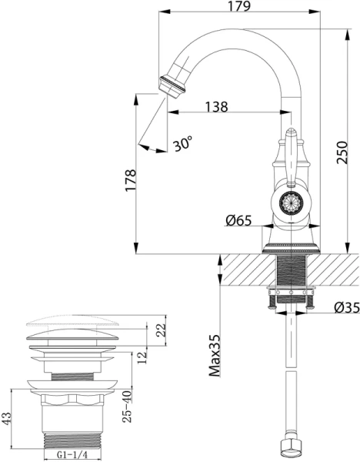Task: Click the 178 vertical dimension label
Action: tap(132, 180)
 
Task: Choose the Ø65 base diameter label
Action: tap(239, 221)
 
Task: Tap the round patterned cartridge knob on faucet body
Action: tap(291, 203)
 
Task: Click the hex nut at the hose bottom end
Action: tap(290, 448)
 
